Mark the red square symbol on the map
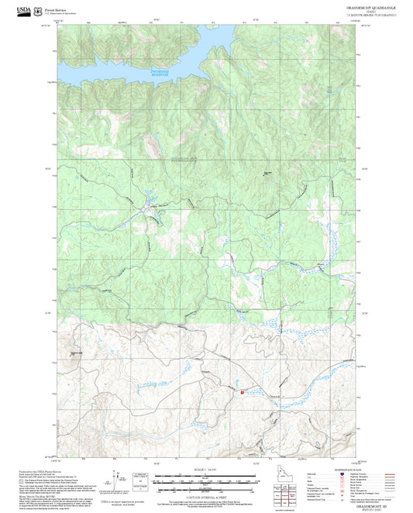point(243,392)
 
